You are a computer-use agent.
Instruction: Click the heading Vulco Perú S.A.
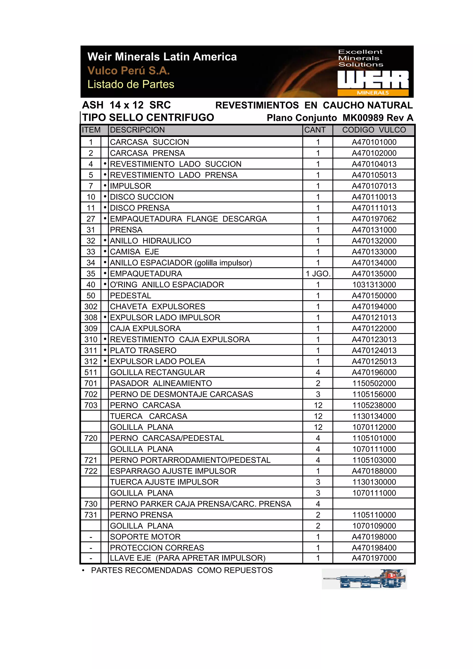(128, 70)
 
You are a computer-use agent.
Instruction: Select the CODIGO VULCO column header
(374, 130)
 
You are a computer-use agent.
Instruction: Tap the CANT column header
(315, 130)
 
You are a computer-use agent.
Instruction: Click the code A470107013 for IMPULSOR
(374, 186)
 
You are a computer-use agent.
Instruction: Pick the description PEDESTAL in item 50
(130, 295)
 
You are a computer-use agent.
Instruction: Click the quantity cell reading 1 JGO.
(318, 274)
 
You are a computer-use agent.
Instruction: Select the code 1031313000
(374, 285)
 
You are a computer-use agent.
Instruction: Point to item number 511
(91, 372)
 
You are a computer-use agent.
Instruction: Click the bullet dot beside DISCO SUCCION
(105, 197)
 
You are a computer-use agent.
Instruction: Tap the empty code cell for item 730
(374, 504)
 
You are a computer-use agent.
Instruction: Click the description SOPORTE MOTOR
(145, 537)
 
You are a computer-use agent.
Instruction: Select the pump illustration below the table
(364, 579)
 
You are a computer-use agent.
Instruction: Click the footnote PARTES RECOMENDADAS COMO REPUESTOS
(182, 570)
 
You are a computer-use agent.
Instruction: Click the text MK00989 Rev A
(378, 118)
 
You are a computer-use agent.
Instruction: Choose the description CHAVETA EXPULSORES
(157, 307)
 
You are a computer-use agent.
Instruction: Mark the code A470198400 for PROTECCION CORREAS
(374, 548)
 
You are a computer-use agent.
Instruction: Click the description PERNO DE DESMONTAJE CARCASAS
(181, 394)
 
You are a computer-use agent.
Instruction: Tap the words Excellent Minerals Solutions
(361, 58)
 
